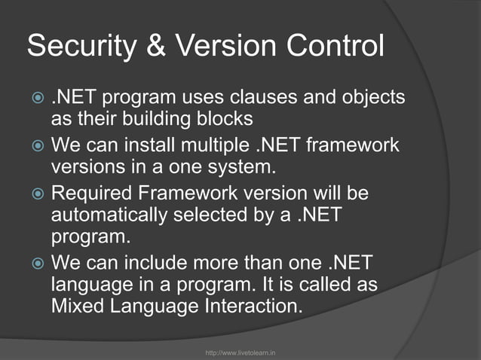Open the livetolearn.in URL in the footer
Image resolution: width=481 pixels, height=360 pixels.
(240, 351)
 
